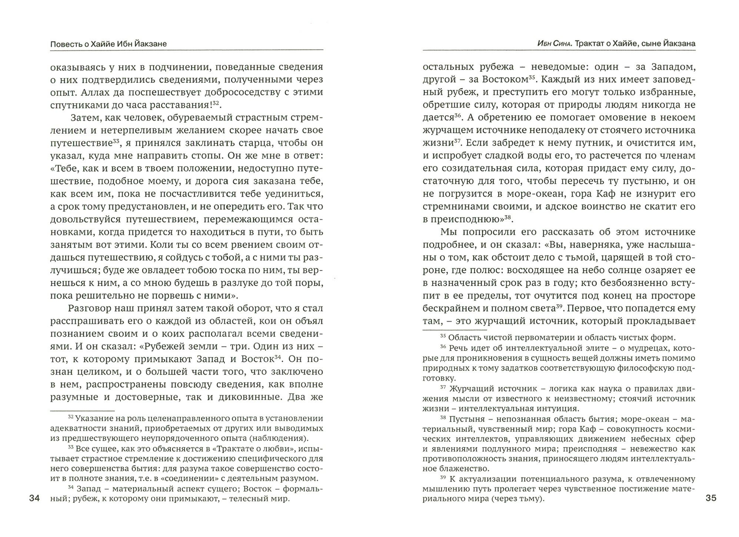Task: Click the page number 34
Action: (x=34, y=499)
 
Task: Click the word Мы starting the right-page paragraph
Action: (x=449, y=232)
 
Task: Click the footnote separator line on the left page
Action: (x=82, y=410)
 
